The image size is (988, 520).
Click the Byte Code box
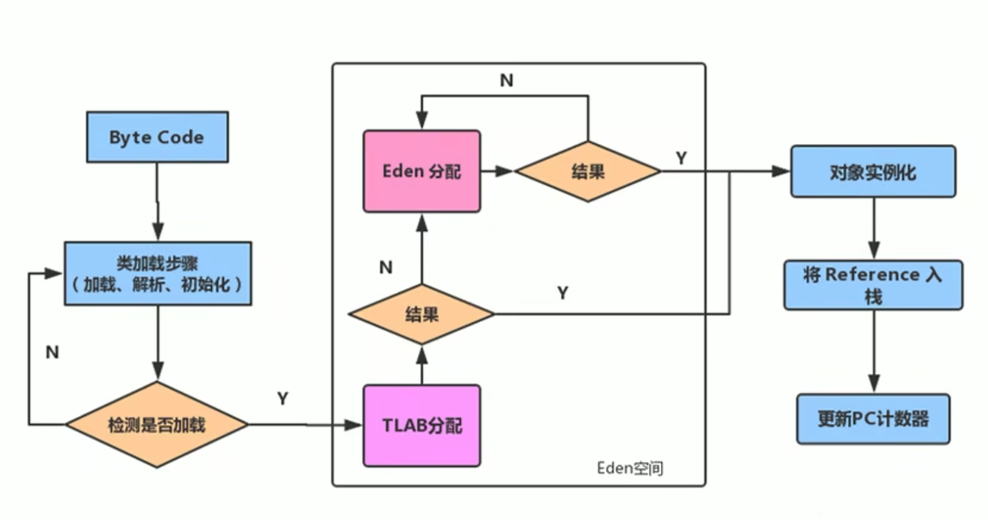(157, 137)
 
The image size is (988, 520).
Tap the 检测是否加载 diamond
(157, 423)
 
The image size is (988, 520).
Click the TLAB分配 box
(421, 425)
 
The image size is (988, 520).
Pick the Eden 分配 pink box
(421, 171)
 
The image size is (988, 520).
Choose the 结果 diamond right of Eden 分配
(587, 171)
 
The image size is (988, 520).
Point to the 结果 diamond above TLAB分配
(421, 315)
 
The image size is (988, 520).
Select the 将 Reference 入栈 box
(873, 285)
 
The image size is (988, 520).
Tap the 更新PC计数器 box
(873, 418)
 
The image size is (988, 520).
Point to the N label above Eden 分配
(506, 80)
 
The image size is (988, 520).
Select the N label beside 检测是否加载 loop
(52, 352)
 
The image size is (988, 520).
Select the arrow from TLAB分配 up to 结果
(421, 364)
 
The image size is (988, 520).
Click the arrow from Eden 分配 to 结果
(498, 171)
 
